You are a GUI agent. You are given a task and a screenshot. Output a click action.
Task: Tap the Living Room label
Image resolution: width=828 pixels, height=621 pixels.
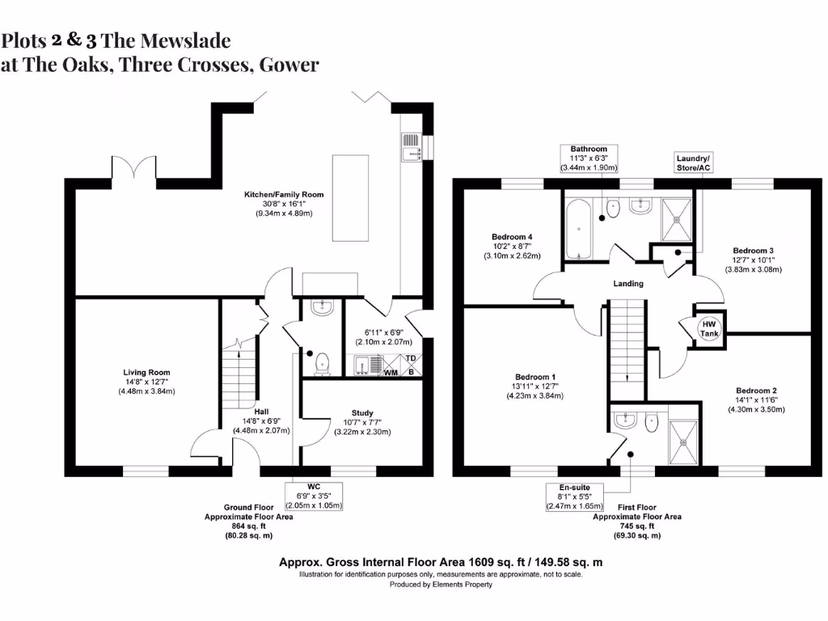tap(147, 382)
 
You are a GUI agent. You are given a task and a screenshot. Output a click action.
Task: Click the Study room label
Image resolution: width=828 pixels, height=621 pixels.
tap(361, 422)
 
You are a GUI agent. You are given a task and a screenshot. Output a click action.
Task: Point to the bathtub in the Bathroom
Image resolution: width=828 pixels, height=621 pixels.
tap(577, 229)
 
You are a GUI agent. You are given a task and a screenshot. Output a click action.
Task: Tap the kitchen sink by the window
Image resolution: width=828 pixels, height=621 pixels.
tap(412, 148)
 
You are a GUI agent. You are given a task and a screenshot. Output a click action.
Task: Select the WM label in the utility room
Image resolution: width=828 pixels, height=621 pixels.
tap(391, 373)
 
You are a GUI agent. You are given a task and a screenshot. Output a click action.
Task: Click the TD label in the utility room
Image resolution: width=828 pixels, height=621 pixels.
tap(410, 358)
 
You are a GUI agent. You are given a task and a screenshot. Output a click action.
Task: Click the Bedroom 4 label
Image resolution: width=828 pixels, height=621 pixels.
tap(512, 246)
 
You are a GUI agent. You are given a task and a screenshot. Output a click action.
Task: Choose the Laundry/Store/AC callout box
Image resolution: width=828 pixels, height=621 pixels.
tap(693, 163)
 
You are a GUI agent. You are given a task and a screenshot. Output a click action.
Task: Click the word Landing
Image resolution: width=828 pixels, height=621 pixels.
tap(628, 284)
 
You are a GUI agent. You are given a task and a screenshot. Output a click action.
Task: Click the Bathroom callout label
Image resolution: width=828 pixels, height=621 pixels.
tap(589, 158)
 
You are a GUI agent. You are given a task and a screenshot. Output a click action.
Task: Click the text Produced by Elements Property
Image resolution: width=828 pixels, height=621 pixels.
tap(441, 585)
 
